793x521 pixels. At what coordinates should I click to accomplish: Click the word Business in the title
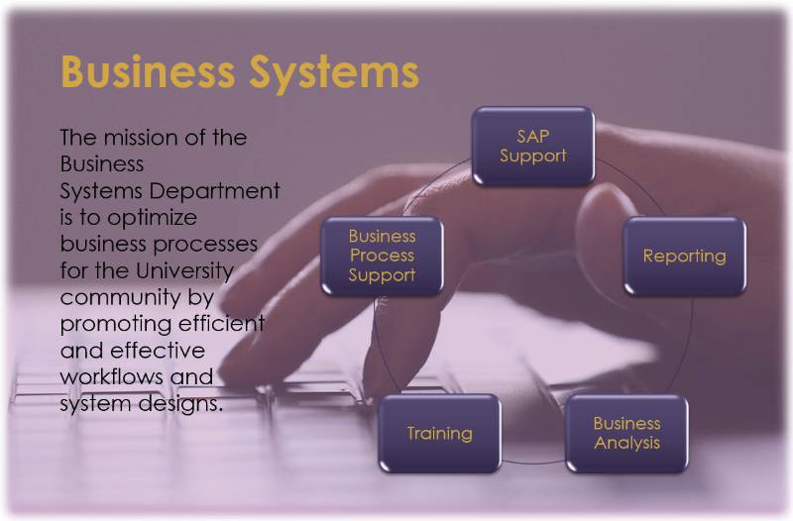tap(148, 71)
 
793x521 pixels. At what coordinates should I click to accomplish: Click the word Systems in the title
tap(334, 74)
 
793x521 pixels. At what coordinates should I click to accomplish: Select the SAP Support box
tap(533, 146)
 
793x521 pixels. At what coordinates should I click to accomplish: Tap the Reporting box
tap(684, 256)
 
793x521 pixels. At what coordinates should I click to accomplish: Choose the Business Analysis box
tap(626, 433)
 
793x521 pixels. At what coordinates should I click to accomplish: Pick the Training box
tap(439, 433)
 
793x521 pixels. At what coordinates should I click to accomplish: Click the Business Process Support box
tap(382, 256)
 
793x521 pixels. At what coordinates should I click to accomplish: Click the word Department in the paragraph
tap(214, 192)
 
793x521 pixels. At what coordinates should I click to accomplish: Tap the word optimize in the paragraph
tap(153, 218)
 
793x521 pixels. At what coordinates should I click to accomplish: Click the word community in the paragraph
tap(120, 297)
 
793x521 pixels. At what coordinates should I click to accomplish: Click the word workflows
tap(112, 377)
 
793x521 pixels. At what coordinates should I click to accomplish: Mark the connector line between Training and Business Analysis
tap(533, 462)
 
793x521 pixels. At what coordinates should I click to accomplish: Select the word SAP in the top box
tap(533, 136)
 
